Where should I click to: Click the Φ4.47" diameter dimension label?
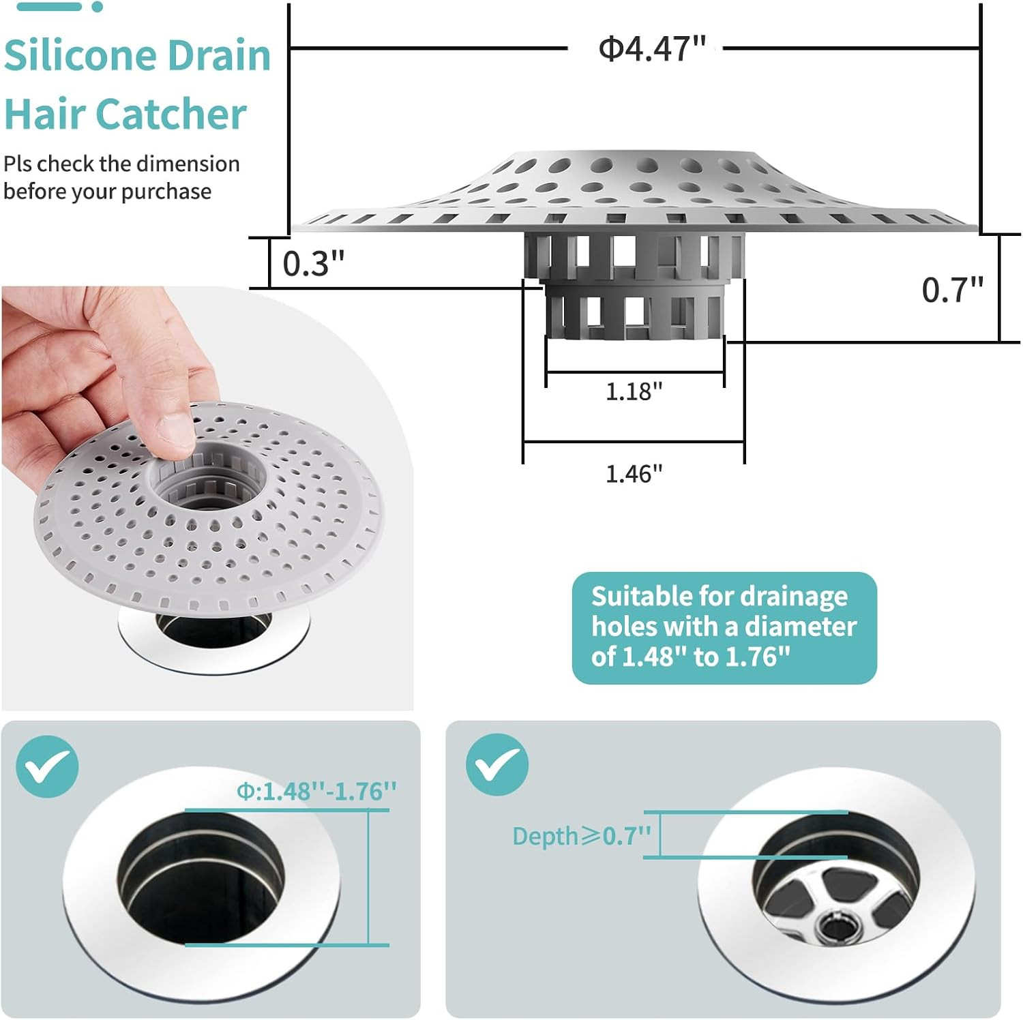[651, 49]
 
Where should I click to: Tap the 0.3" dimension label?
[313, 264]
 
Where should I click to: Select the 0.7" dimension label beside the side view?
[952, 290]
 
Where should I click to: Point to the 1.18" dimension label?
[634, 391]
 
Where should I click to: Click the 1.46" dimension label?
[634, 473]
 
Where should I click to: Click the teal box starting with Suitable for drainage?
[724, 627]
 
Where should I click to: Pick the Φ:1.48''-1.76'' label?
[316, 792]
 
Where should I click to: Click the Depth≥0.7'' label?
[581, 836]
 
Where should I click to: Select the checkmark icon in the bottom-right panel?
[497, 764]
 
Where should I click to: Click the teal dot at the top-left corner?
[98, 7]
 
